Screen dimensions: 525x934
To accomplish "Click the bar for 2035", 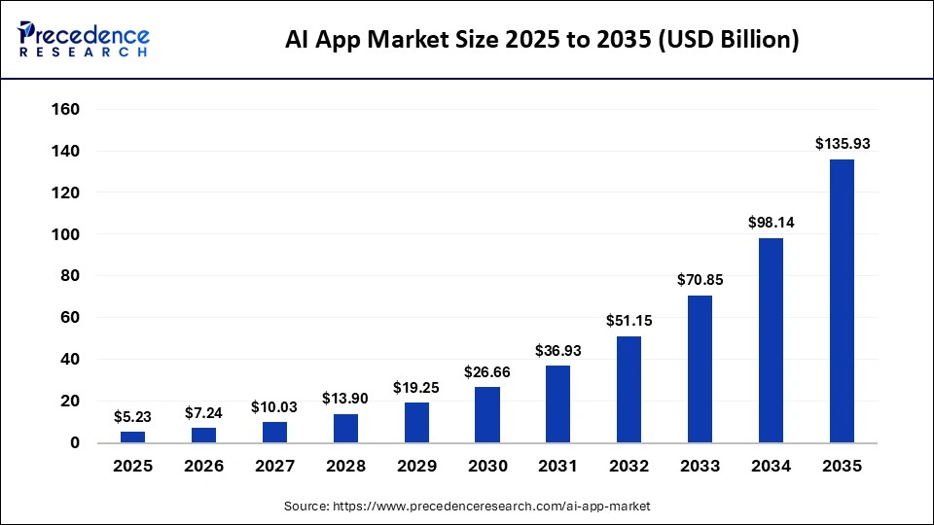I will click(842, 300).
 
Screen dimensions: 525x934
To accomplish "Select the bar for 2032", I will click(629, 389).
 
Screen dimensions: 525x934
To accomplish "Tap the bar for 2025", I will click(133, 437).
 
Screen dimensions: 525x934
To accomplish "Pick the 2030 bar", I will click(487, 414).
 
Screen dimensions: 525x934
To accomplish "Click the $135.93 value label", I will click(842, 143).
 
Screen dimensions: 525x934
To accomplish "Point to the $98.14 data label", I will click(771, 222).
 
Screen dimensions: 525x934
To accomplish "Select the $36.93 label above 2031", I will click(557, 349).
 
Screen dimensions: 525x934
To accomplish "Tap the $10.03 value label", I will click(274, 405).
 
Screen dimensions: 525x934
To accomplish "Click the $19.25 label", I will click(416, 386).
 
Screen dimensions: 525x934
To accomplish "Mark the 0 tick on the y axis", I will click(76, 443).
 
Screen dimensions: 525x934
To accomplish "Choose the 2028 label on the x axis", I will click(345, 467).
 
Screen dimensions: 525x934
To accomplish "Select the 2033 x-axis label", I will click(700, 467).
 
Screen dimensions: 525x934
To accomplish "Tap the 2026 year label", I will click(203, 467).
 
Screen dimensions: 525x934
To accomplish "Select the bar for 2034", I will click(771, 340).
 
